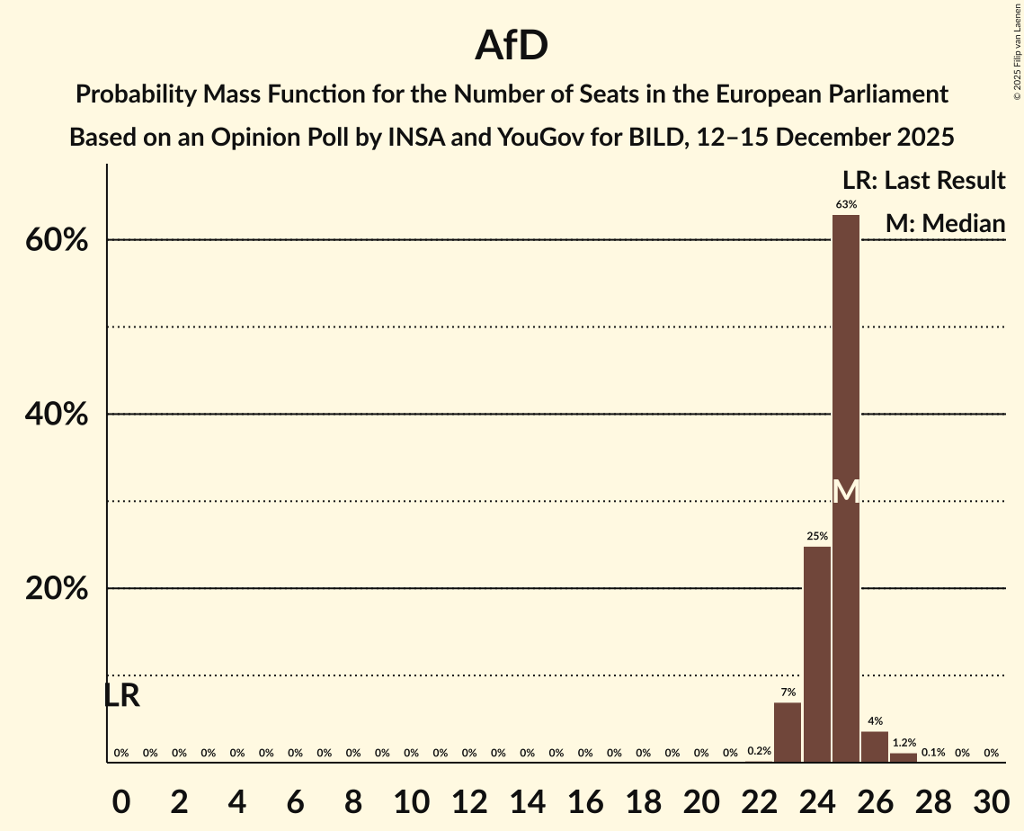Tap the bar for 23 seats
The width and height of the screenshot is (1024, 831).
[x=788, y=732]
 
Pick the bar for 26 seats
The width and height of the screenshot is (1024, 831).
[x=875, y=746]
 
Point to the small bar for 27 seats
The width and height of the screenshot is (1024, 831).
[x=904, y=757]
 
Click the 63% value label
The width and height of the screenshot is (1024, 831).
[x=846, y=204]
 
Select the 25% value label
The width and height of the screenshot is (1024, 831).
[x=817, y=536]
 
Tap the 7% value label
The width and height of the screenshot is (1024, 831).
[x=788, y=692]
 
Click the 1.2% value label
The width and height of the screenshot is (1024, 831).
[x=904, y=743]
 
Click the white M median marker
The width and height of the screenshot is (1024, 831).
[x=846, y=491]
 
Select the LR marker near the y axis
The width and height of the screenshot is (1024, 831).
[x=121, y=695]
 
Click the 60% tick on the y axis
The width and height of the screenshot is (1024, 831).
[x=62, y=240]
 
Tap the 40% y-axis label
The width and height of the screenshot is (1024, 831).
[x=62, y=415]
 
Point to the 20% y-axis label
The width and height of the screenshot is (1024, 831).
[x=62, y=589]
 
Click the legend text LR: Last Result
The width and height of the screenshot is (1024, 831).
[x=923, y=180]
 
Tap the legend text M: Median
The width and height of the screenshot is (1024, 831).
[x=944, y=223]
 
